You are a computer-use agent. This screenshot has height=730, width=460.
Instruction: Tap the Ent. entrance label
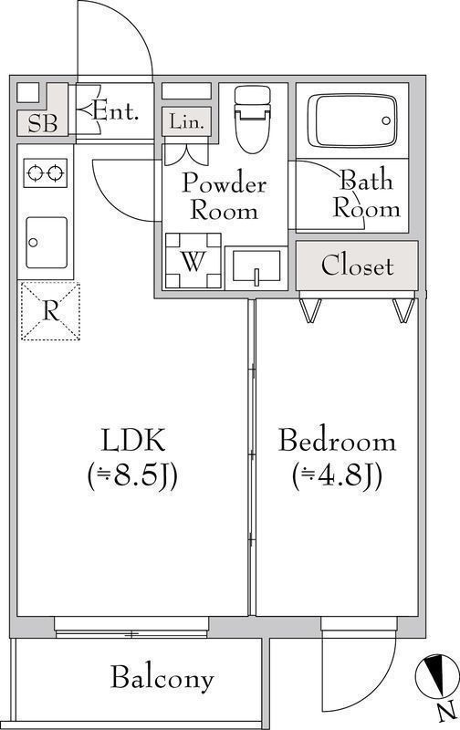117,112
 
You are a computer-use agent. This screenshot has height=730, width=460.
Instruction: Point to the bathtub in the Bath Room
351,119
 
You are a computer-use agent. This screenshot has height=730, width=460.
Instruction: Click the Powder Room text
224,196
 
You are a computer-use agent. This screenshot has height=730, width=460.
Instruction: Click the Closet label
357,266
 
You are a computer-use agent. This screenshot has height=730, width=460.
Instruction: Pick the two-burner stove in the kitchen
45,172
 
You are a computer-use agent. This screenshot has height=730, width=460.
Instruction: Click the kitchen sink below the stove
45,242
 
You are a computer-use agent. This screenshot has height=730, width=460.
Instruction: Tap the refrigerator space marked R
50,311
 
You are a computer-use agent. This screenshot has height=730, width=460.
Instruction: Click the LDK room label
132,442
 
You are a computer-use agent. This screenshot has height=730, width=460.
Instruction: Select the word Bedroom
337,442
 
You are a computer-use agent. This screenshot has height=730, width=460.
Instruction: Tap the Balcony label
162,678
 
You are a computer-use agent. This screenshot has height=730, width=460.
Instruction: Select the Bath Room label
367,193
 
